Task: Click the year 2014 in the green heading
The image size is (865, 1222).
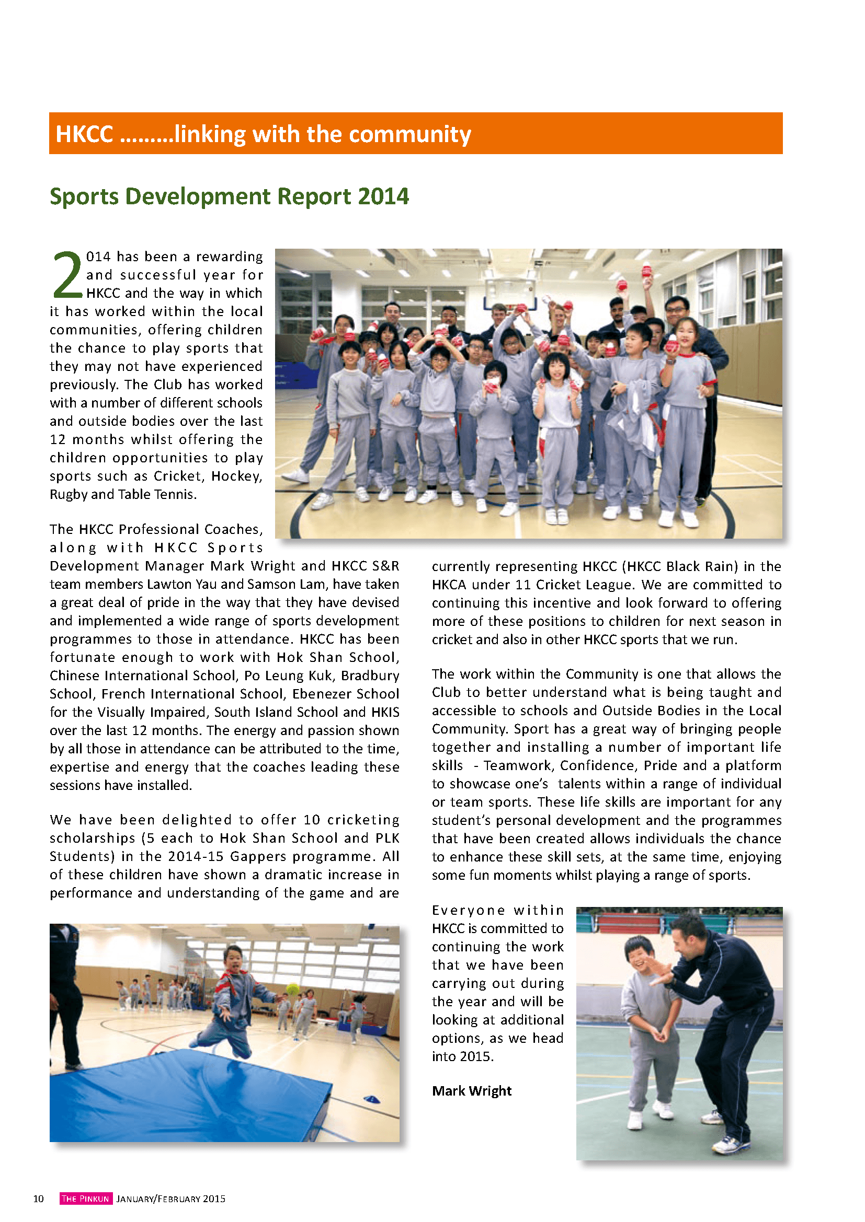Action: (383, 196)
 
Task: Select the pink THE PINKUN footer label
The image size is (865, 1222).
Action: (85, 1198)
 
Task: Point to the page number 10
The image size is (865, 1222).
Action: (38, 1198)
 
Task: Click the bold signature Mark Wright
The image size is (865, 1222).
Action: (471, 1090)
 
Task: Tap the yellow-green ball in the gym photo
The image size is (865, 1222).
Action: (292, 989)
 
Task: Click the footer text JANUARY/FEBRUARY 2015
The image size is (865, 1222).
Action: (171, 1198)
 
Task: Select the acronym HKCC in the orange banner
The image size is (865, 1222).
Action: (84, 134)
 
